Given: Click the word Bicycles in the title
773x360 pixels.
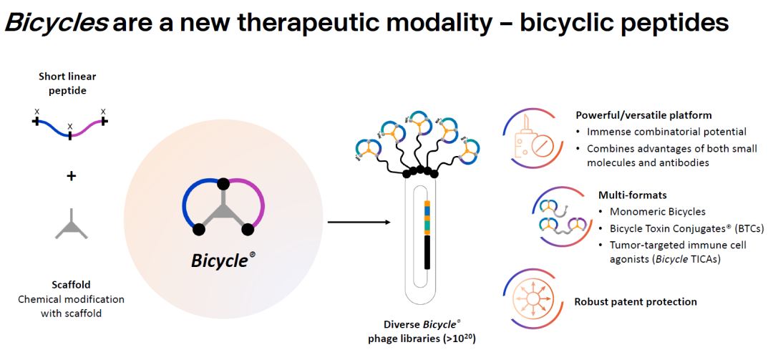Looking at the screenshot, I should click(x=57, y=22).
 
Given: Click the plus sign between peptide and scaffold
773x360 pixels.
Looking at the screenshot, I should click(x=71, y=175).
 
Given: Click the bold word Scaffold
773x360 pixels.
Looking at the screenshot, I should click(x=71, y=284).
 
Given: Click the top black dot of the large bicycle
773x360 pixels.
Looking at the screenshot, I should click(x=223, y=184).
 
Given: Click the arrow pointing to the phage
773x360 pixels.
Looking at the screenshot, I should click(x=359, y=223).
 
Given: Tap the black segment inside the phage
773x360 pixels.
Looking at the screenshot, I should click(x=427, y=251).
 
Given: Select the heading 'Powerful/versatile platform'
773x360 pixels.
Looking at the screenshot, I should click(x=643, y=115).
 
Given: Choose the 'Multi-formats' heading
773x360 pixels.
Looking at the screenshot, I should click(x=631, y=195).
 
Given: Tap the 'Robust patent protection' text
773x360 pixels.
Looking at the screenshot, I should click(x=636, y=301).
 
